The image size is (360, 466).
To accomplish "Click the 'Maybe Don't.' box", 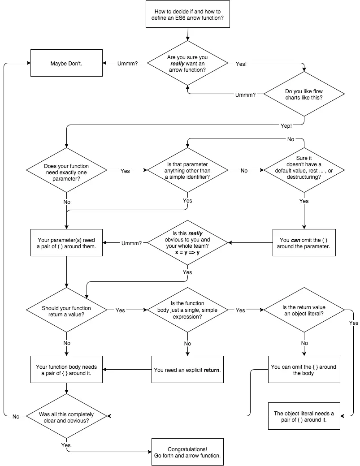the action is pyautogui.click(x=67, y=63).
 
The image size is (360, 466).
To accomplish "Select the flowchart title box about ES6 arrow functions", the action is pyautogui.click(x=187, y=14).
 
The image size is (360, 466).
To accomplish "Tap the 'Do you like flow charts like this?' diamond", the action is pyautogui.click(x=304, y=94).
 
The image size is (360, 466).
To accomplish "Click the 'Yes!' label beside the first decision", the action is pyautogui.click(x=241, y=64).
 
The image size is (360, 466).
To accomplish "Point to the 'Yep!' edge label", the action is pyautogui.click(x=286, y=126).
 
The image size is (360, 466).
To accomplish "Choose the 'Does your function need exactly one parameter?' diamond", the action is pyautogui.click(x=67, y=170).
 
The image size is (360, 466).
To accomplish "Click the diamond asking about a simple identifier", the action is pyautogui.click(x=187, y=170).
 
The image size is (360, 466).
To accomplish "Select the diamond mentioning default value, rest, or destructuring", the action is pyautogui.click(x=304, y=170).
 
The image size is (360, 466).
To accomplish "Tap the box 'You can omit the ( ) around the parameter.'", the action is pyautogui.click(x=304, y=242).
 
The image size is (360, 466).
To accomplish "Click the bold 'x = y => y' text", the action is pyautogui.click(x=187, y=252).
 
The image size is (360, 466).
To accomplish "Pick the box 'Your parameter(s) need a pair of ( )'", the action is pyautogui.click(x=67, y=242).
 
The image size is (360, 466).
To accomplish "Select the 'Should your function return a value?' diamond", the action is pyautogui.click(x=67, y=310).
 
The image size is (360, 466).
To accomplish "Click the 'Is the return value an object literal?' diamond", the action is pyautogui.click(x=304, y=310).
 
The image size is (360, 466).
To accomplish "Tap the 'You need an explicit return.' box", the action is pyautogui.click(x=187, y=369).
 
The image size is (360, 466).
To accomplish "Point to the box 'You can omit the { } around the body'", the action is pyautogui.click(x=304, y=369).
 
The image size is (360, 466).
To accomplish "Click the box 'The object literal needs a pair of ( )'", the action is pyautogui.click(x=304, y=416).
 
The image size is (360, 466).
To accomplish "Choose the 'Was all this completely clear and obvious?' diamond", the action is pyautogui.click(x=67, y=416).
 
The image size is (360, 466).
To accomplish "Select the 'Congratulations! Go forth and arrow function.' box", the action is pyautogui.click(x=187, y=452).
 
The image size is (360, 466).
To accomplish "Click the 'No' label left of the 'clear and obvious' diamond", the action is pyautogui.click(x=16, y=417).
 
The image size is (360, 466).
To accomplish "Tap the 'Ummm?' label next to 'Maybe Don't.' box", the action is pyautogui.click(x=127, y=63).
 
